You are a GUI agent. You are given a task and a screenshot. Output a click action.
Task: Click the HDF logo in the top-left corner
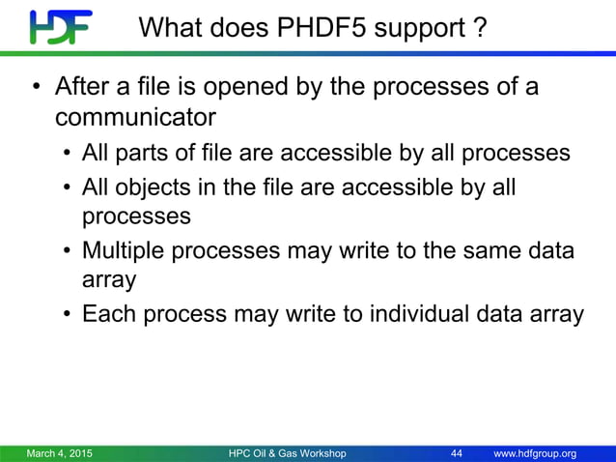coord(61,28)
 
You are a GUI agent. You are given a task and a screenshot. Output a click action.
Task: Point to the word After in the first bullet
coord(83,89)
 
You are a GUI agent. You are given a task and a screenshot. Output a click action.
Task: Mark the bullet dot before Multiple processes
coord(67,251)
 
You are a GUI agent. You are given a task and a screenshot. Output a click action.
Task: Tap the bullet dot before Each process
coord(67,315)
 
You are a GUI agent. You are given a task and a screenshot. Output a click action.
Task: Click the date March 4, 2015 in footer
coord(60,453)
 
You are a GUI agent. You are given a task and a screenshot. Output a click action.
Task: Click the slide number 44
coord(458,453)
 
